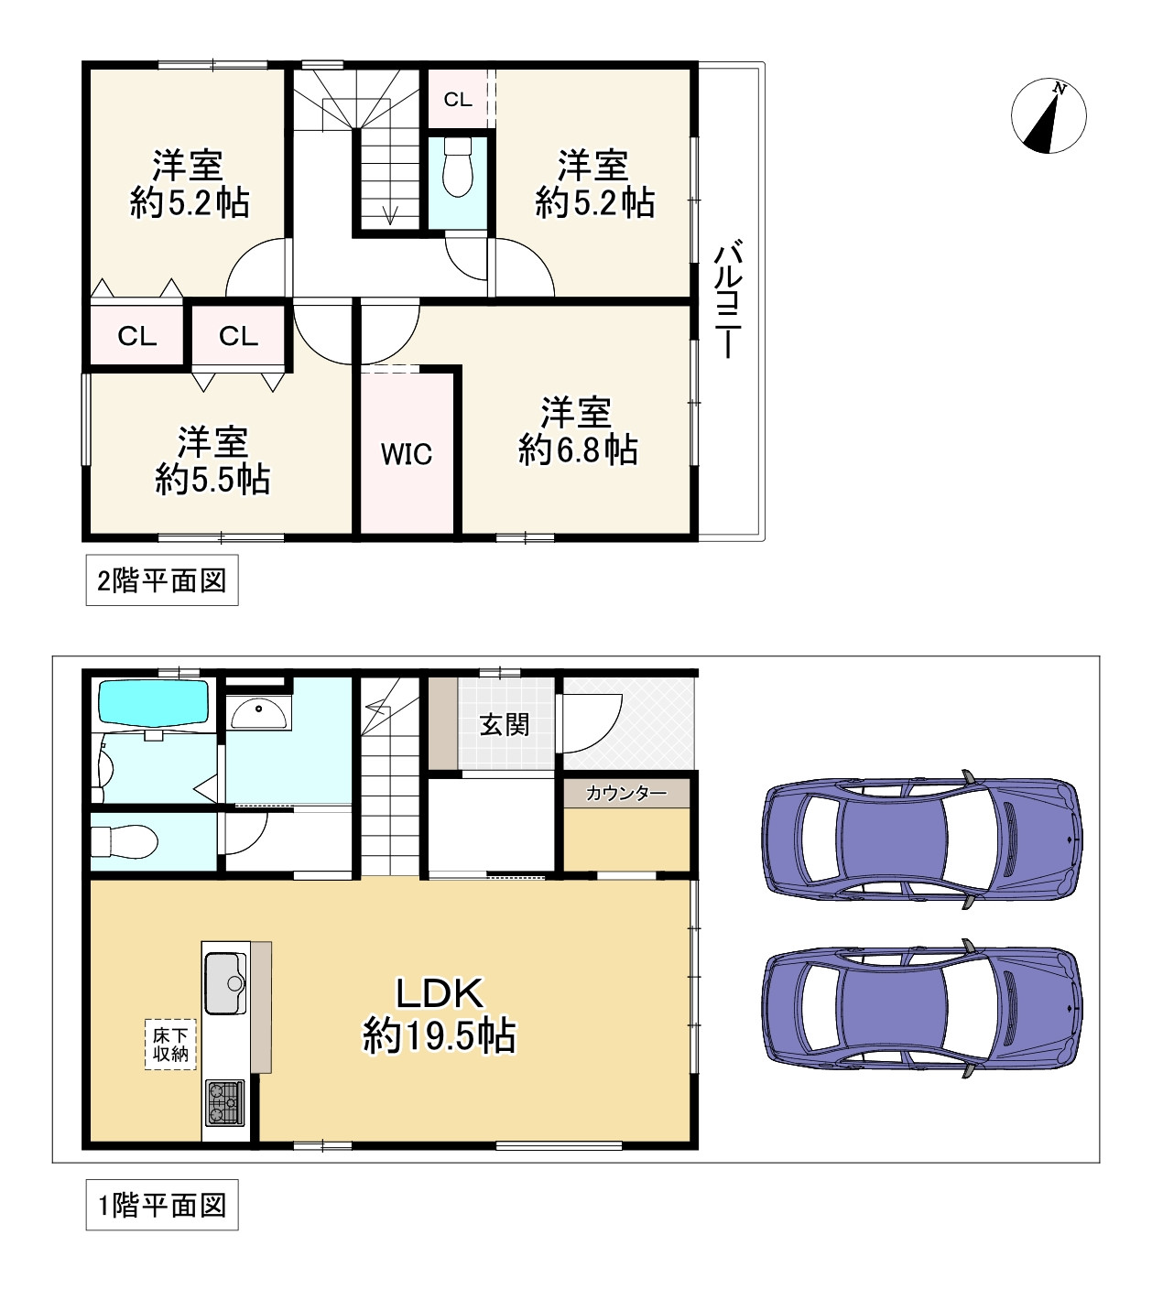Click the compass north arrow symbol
[1049, 115]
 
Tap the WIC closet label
[406, 454]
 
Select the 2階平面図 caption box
[162, 580]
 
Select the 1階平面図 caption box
[162, 1205]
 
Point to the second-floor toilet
[457, 167]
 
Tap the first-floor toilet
[125, 841]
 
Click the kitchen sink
[224, 983]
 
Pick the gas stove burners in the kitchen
[224, 1102]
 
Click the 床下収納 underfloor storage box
[170, 1045]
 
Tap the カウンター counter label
[626, 793]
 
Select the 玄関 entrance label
[504, 725]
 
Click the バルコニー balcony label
[728, 298]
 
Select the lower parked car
[921, 1009]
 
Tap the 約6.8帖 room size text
[578, 450]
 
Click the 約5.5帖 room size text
[212, 479]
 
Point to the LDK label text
[440, 993]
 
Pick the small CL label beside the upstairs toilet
[458, 99]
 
